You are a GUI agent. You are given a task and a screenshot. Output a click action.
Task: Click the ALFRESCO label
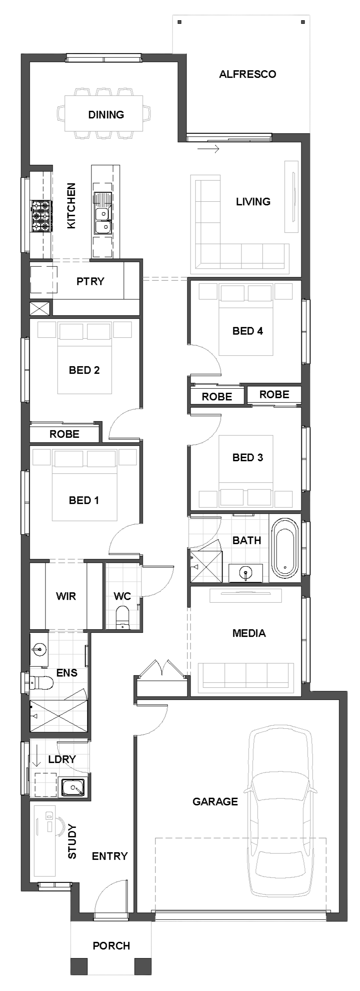coord(247,74)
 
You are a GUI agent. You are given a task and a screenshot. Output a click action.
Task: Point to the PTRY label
coord(90,282)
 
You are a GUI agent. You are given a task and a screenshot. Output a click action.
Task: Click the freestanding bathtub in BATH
coord(285,550)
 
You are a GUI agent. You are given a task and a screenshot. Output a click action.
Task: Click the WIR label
coord(66,596)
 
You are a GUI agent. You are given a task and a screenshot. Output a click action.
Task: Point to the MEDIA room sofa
coord(246,676)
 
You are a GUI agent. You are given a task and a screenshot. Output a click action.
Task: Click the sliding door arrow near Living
coord(208,149)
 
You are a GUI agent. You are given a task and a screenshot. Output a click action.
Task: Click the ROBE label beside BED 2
coord(64,434)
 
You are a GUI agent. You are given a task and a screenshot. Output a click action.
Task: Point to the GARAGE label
coord(215,801)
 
